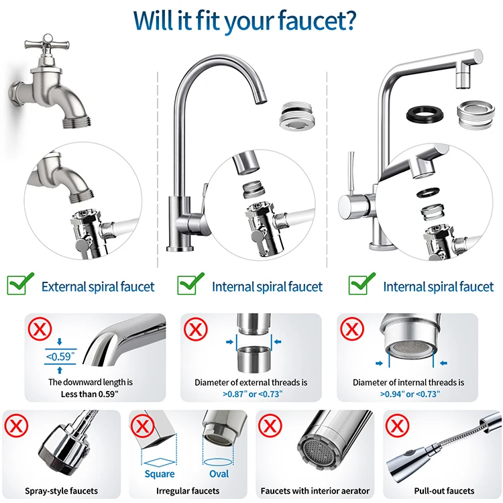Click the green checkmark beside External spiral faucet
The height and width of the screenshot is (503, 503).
[20, 284]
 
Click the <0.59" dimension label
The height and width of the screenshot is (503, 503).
[60, 357]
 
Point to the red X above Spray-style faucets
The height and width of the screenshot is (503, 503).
[15, 426]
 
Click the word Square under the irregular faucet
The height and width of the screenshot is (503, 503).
[160, 474]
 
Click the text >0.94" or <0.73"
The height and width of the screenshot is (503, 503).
[409, 394]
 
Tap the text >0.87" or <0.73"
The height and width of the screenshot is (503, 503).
[251, 394]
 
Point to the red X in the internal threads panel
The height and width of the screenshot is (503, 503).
[352, 329]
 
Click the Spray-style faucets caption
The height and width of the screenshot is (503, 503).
[61, 491]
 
